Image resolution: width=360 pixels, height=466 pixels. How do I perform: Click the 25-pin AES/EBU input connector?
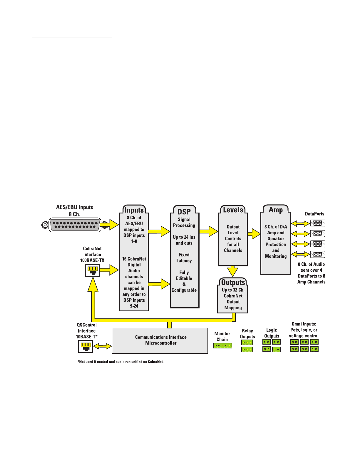pos(75,225)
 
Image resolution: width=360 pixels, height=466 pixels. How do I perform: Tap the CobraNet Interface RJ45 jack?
pos(92,270)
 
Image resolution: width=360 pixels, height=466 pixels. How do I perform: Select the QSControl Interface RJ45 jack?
pos(86,346)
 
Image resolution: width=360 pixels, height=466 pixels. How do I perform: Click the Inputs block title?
pos(134,210)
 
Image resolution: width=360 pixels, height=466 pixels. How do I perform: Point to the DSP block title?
pos(184,211)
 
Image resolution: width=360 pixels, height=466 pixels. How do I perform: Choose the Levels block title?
pos(233,210)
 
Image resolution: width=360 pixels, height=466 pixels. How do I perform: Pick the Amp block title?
pos(276,210)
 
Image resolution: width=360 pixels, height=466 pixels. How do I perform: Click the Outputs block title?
pos(233,283)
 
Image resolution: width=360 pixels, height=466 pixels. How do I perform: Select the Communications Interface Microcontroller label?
pos(161,340)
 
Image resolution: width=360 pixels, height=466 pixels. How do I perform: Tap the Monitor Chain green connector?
pos(222,346)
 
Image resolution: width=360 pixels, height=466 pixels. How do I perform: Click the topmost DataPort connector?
pos(317,223)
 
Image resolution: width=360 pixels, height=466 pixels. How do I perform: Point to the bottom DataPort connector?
pos(317,255)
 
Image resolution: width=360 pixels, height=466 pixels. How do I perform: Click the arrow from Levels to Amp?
pos(254,234)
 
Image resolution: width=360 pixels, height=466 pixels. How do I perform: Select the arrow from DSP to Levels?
pos(209,231)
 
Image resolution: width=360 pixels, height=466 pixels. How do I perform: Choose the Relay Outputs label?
pos(247,334)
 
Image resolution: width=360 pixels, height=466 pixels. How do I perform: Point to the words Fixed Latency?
pos(184,258)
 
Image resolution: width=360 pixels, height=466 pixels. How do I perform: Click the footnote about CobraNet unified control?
pos(120,362)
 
